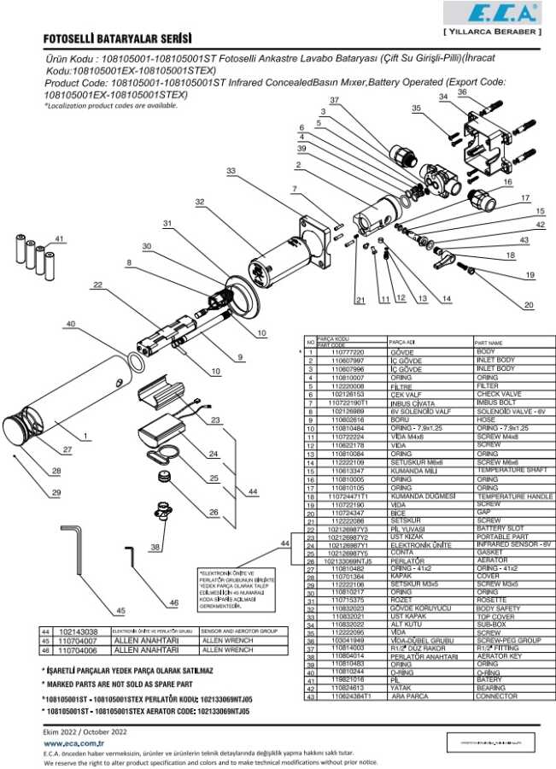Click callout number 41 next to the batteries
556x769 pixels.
point(59,238)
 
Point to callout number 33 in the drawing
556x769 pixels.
point(231,172)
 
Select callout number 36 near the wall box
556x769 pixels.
point(462,92)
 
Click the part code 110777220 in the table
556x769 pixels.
point(347,352)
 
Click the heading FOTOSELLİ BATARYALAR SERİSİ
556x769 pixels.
point(117,39)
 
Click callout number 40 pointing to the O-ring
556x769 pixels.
point(70,324)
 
